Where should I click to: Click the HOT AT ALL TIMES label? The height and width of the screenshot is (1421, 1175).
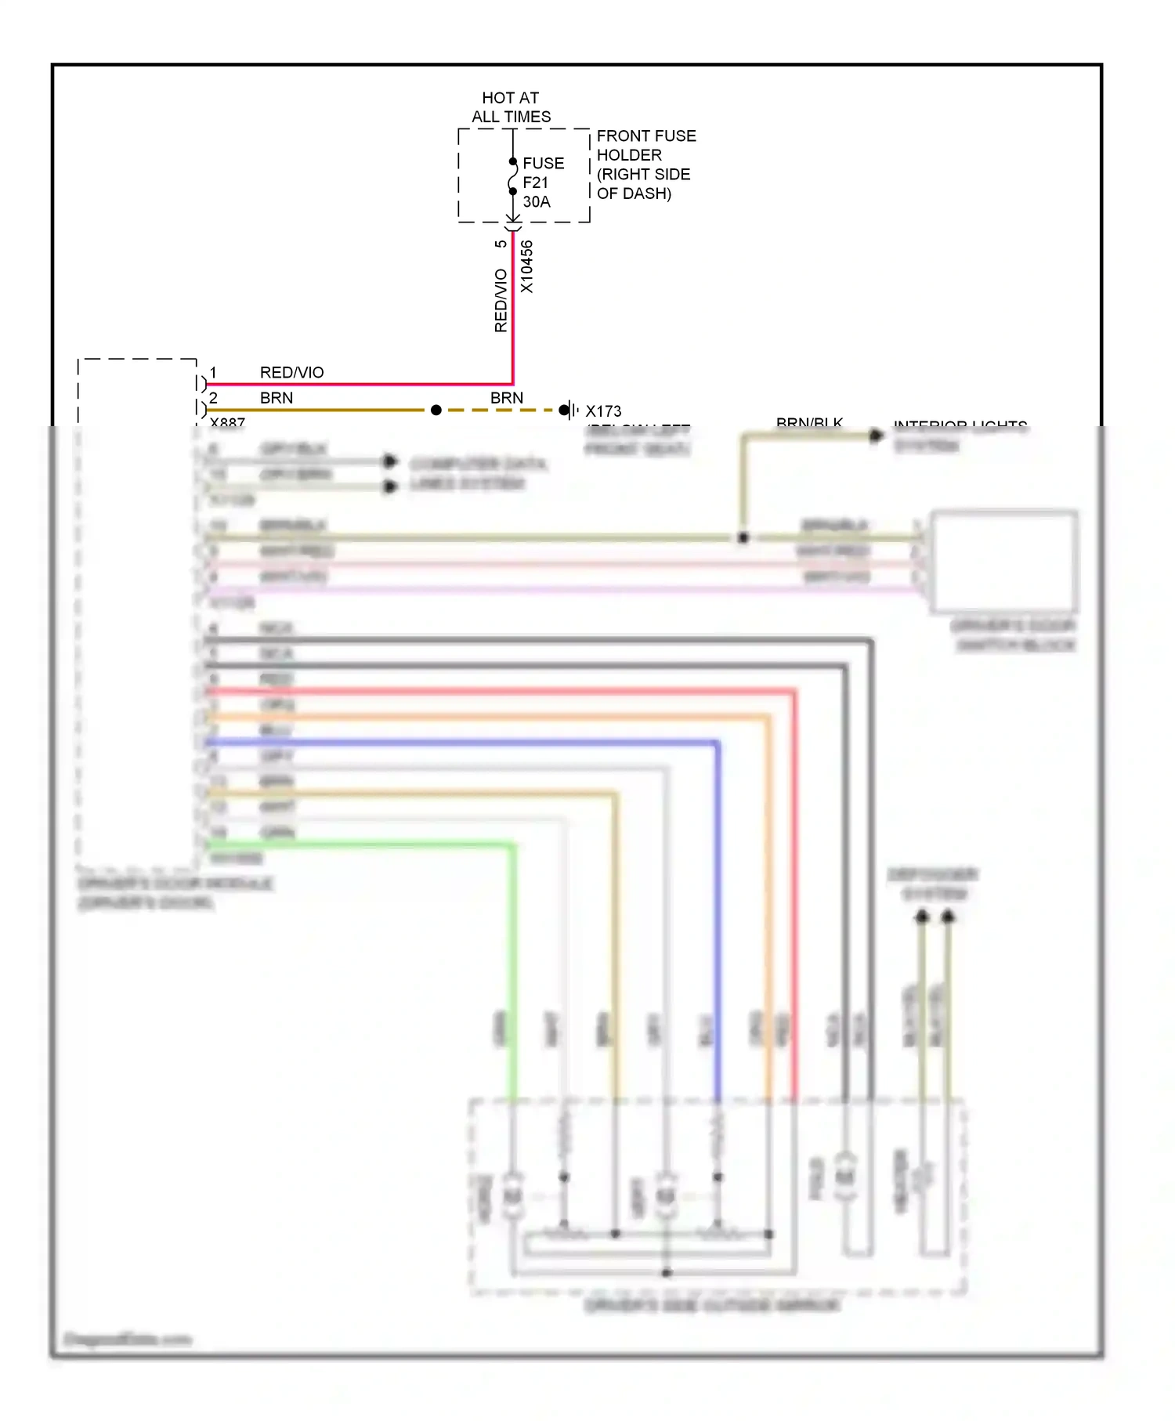511,107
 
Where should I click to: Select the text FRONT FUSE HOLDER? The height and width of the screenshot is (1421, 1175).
645,146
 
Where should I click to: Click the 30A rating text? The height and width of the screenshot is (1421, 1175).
537,202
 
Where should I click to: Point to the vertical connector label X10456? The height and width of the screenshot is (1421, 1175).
526,267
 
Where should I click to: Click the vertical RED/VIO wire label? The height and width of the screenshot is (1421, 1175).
501,300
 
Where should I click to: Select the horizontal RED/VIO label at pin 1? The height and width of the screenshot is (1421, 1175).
291,373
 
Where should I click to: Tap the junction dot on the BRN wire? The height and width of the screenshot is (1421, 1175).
436,410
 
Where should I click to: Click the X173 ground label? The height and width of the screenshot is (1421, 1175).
603,411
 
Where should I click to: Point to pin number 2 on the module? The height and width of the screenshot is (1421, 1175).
213,398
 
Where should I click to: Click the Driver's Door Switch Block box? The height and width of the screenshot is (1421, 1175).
1003,561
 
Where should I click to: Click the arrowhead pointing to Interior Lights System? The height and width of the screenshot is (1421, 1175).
876,436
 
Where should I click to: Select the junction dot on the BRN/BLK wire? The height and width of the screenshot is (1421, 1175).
743,537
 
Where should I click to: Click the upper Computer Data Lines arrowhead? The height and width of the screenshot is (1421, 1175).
389,461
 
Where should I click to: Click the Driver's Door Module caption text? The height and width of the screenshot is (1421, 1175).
175,884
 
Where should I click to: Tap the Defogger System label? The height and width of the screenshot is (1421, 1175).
932,884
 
